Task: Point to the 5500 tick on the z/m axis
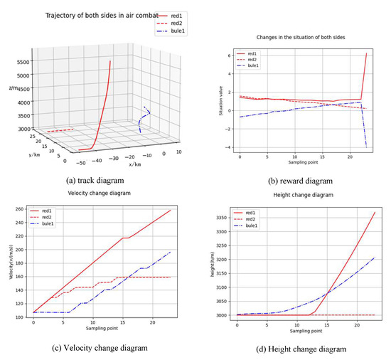(x=19, y=62)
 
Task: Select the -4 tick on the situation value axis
(x=230, y=147)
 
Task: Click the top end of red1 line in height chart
(x=375, y=212)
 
